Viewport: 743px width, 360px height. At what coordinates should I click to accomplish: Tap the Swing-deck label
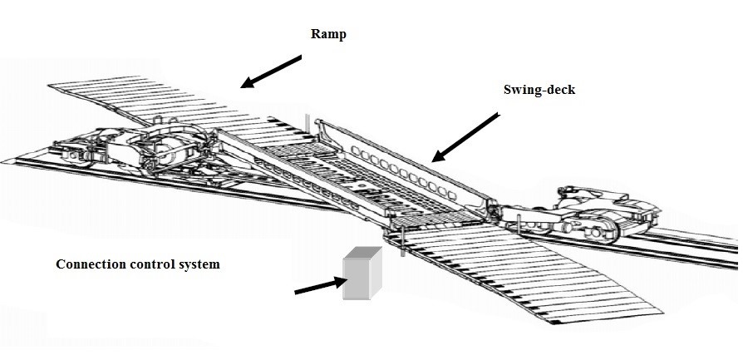tap(539, 90)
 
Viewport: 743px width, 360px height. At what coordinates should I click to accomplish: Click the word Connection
tap(89, 264)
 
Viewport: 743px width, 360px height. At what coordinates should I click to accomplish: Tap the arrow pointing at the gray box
tap(320, 286)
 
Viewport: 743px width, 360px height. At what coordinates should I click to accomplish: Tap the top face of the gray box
tap(362, 254)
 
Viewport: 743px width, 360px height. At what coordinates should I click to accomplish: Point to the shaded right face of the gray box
tap(376, 277)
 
